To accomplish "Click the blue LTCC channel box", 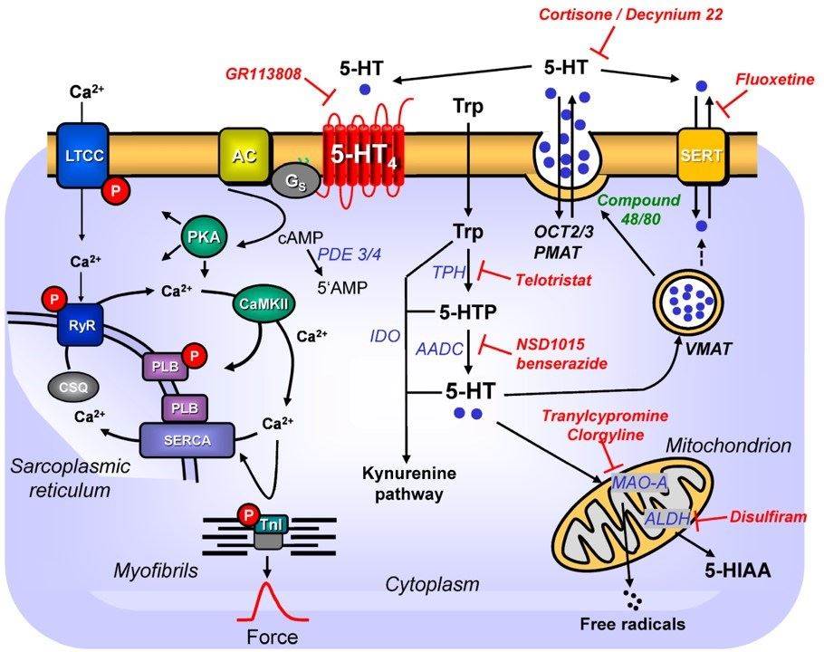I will pos(82,156).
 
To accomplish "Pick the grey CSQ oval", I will pos(81,385).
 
